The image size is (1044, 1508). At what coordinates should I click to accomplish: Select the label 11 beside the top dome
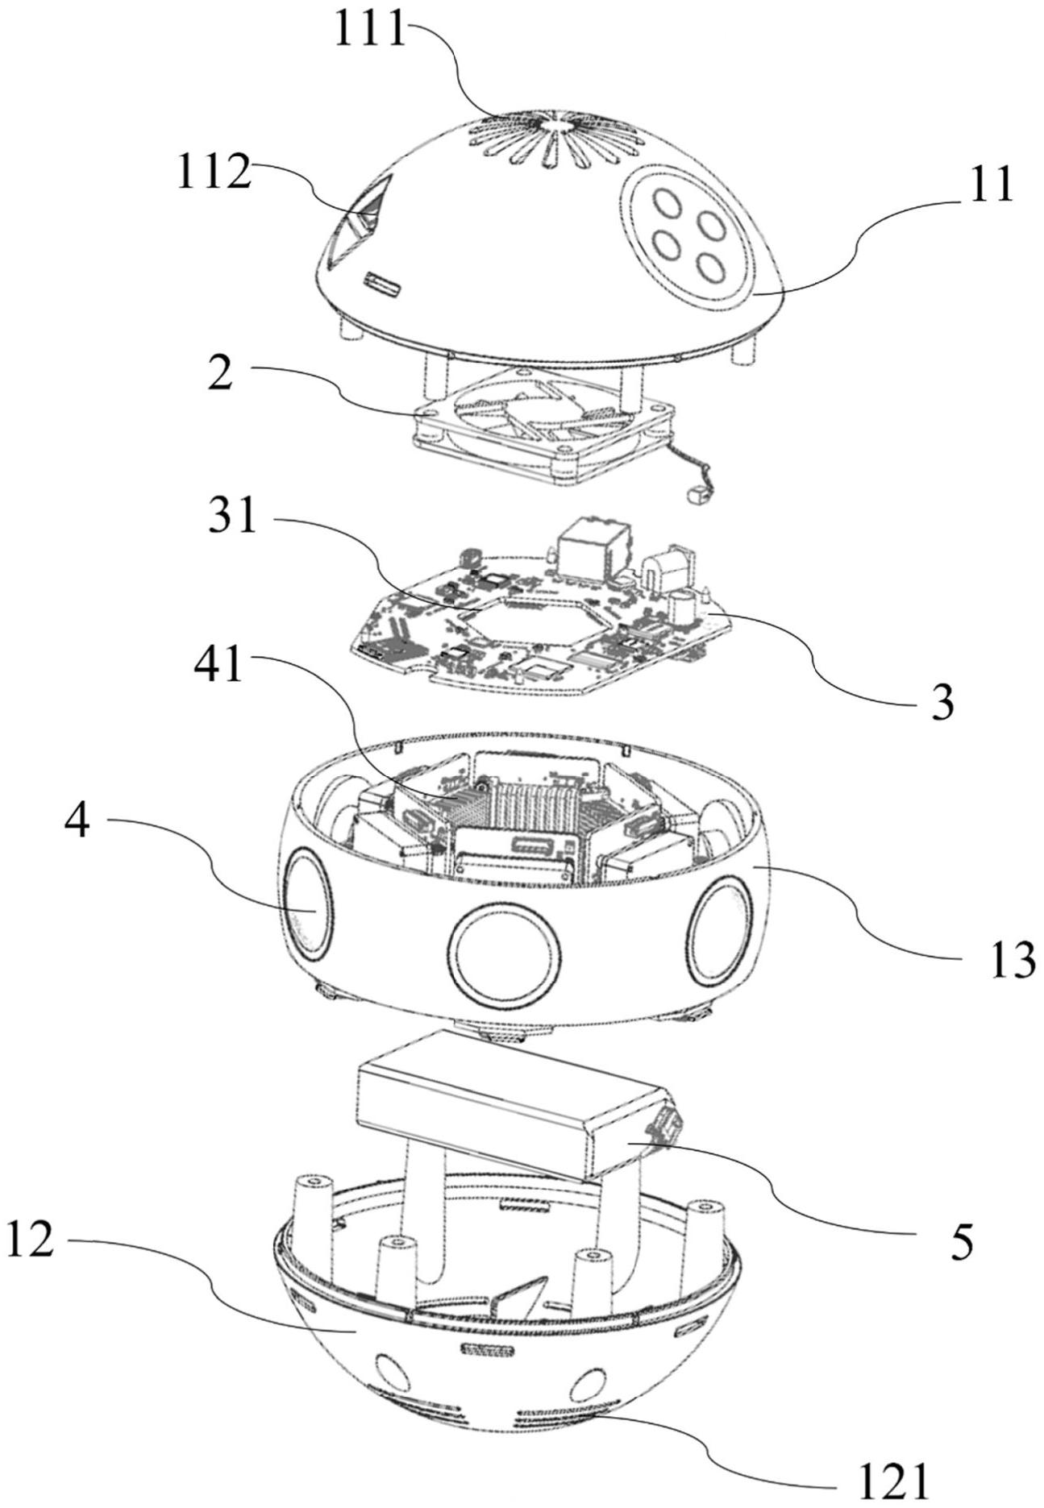(x=990, y=186)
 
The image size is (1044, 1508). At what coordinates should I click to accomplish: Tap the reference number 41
(x=220, y=668)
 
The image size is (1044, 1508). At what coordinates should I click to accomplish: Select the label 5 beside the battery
(x=959, y=1242)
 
